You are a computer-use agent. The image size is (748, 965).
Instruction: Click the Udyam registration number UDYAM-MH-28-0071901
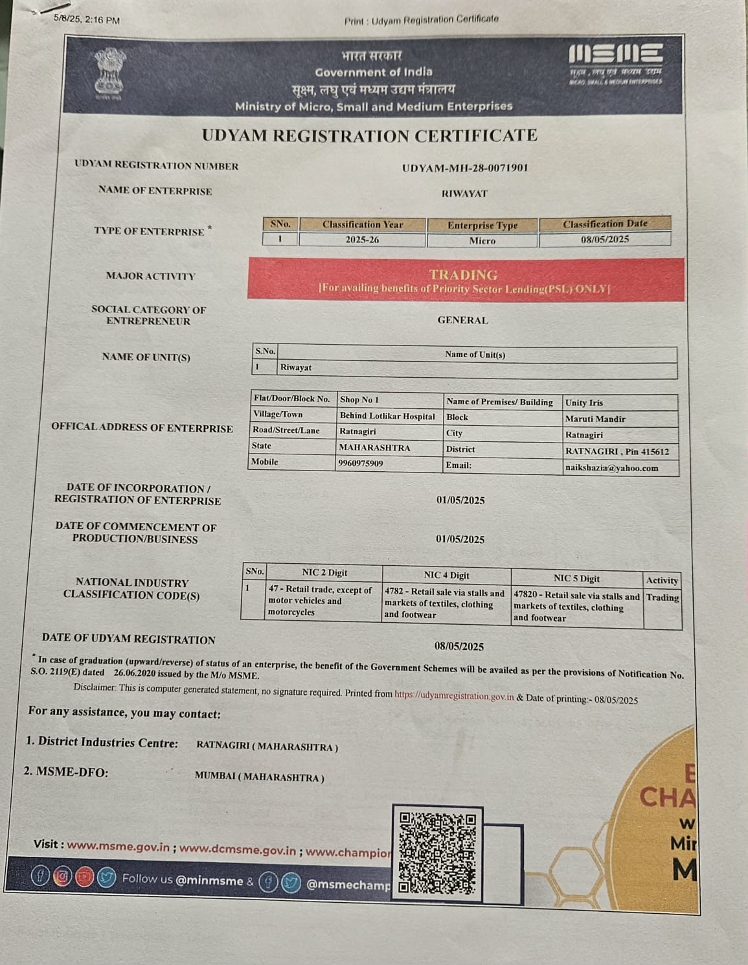coord(465,168)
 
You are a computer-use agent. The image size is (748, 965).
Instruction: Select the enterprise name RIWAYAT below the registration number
coord(464,194)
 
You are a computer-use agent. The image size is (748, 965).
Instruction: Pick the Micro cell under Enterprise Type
coord(482,240)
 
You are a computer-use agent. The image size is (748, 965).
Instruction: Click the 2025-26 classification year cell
coord(362,240)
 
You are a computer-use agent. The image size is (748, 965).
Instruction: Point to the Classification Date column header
coord(604,224)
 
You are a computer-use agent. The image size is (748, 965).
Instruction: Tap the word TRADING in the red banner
coord(463,275)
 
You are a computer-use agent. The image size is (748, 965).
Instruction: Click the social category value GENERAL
coord(462,320)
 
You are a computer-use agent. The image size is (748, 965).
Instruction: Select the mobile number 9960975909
coord(361,463)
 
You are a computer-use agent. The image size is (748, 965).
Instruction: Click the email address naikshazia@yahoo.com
coord(611,468)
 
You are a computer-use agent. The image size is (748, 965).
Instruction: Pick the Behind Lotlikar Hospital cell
coord(387,416)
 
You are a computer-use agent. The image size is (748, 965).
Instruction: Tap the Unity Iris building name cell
coord(584,402)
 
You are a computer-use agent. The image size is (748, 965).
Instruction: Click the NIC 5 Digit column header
coord(576,578)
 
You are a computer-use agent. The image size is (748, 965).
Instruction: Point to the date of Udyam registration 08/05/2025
coord(459,646)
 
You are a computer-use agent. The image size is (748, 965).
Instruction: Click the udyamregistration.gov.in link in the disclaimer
coord(454,696)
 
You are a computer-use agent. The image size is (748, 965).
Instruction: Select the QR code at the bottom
coord(437,852)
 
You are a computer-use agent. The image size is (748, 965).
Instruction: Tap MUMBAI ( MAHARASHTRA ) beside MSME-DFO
coord(259,777)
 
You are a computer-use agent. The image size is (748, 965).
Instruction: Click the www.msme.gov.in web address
coord(118,846)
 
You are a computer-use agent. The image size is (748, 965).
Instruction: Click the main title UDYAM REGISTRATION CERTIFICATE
coord(369,135)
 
